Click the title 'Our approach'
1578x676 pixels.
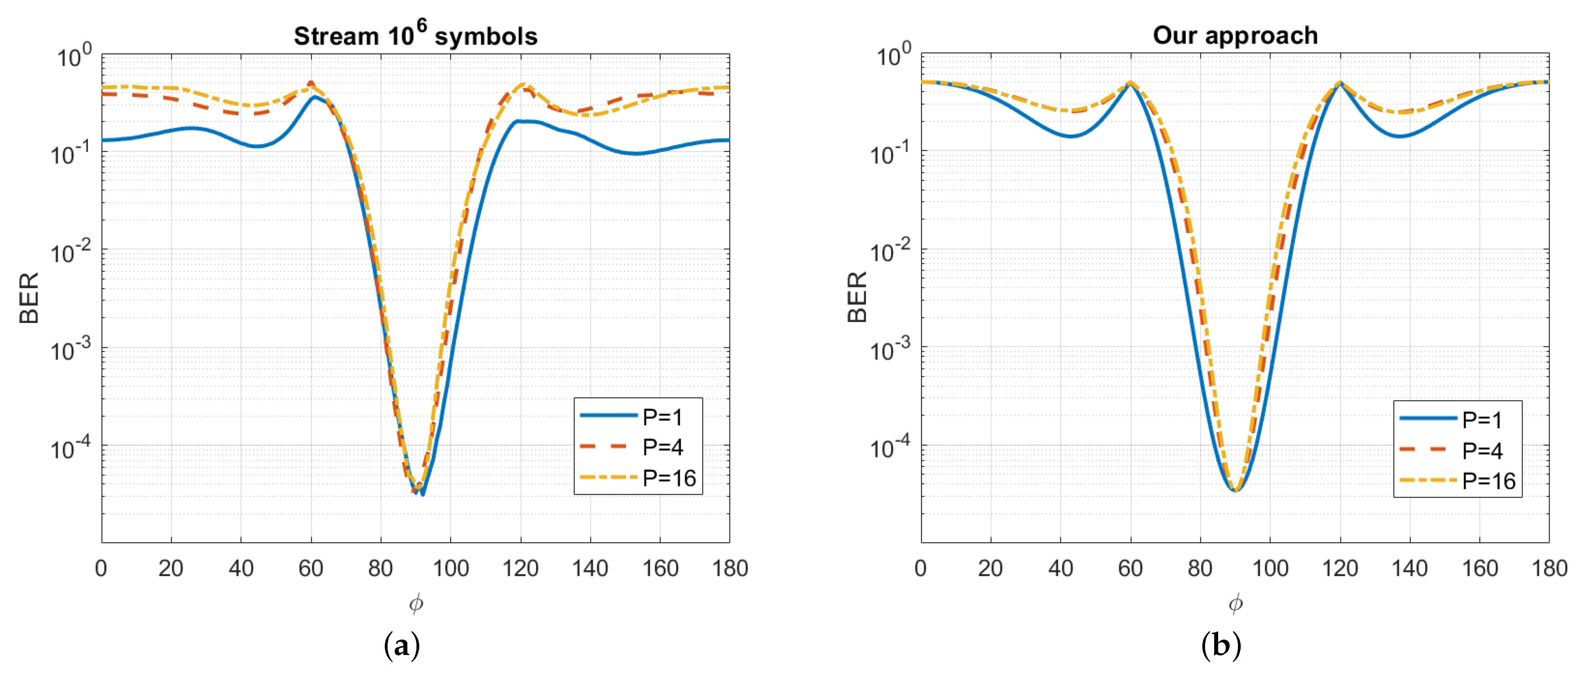(x=1235, y=36)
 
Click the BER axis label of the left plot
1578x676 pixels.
(x=29, y=298)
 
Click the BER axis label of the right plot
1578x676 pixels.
(x=857, y=298)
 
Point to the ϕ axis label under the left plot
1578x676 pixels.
(x=416, y=604)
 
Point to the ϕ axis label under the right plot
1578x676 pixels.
(x=1236, y=604)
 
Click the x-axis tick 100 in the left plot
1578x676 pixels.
(x=451, y=569)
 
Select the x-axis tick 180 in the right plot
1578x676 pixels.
(x=1549, y=569)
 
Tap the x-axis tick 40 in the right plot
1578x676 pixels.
(x=1060, y=569)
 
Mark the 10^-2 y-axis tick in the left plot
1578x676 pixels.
(x=71, y=251)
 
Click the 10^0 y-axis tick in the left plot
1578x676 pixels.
(x=74, y=56)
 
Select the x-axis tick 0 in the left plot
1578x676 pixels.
(x=101, y=569)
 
